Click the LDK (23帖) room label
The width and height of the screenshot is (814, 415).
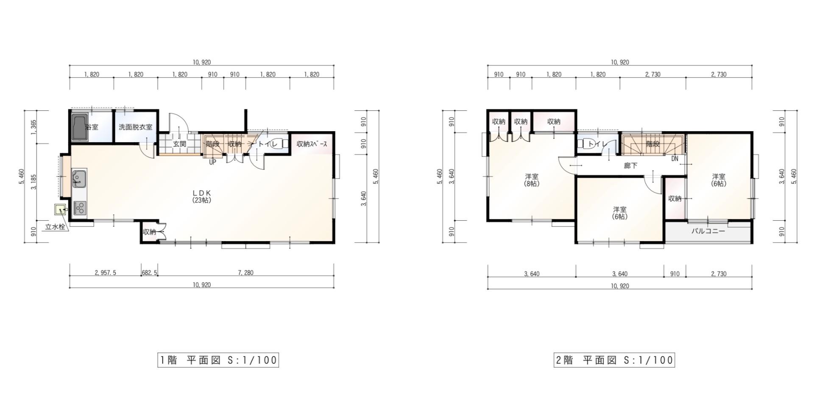pyautogui.click(x=202, y=196)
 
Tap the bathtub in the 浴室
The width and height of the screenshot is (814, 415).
pyautogui.click(x=80, y=127)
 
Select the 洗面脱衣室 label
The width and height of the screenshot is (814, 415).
pyautogui.click(x=135, y=127)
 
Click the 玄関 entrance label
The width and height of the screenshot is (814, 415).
pyautogui.click(x=179, y=144)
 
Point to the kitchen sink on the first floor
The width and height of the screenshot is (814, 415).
pyautogui.click(x=79, y=178)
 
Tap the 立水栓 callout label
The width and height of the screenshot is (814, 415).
pyautogui.click(x=56, y=227)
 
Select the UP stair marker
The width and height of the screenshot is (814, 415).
pyautogui.click(x=212, y=162)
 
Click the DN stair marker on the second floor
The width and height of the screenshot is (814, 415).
pyautogui.click(x=675, y=159)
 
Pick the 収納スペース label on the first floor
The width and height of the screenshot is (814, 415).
pyautogui.click(x=312, y=144)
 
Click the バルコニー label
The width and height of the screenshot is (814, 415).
pyautogui.click(x=708, y=231)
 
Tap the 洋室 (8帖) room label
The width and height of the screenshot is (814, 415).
pyautogui.click(x=532, y=180)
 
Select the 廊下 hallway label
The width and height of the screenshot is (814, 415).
pyautogui.click(x=630, y=165)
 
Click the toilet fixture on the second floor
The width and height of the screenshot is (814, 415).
pyautogui.click(x=586, y=144)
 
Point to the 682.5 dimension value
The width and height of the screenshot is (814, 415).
pyautogui.click(x=149, y=273)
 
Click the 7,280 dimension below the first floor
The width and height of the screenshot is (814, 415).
pyautogui.click(x=245, y=273)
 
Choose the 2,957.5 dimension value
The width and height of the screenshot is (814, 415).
pyautogui.click(x=105, y=273)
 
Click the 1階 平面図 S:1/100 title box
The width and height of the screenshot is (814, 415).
pyautogui.click(x=218, y=360)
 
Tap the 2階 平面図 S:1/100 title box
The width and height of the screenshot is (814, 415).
pyautogui.click(x=614, y=360)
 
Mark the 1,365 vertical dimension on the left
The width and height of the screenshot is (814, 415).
pyautogui.click(x=33, y=127)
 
